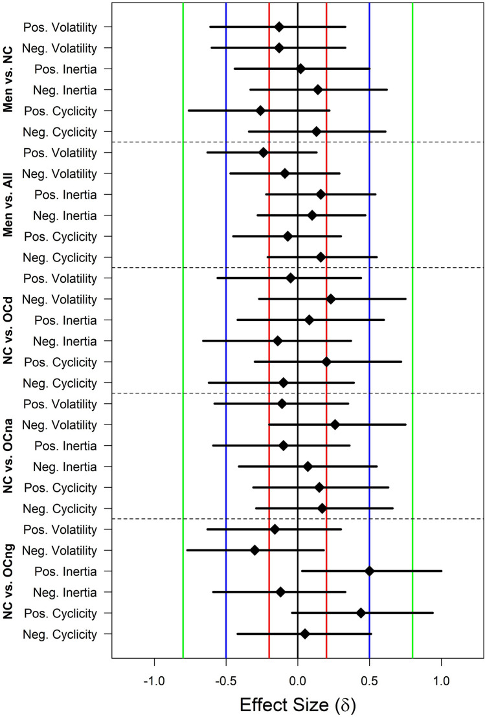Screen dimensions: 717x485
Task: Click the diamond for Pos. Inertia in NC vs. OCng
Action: point(369,571)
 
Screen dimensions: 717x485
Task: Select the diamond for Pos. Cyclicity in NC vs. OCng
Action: point(361,612)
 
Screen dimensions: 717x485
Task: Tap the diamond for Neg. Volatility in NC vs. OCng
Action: point(254,550)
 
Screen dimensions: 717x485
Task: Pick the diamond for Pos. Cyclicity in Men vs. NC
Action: point(260,111)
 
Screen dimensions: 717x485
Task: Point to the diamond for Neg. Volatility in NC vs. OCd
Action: point(330,299)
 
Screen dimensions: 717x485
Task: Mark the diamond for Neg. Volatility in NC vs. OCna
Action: point(335,425)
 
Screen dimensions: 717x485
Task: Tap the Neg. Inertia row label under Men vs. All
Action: point(60,215)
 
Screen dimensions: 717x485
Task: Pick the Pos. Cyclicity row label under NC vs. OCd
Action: point(60,362)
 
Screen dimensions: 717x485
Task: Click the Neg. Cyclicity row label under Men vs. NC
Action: point(58,131)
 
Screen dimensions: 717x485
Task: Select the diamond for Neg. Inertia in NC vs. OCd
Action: point(278,341)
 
